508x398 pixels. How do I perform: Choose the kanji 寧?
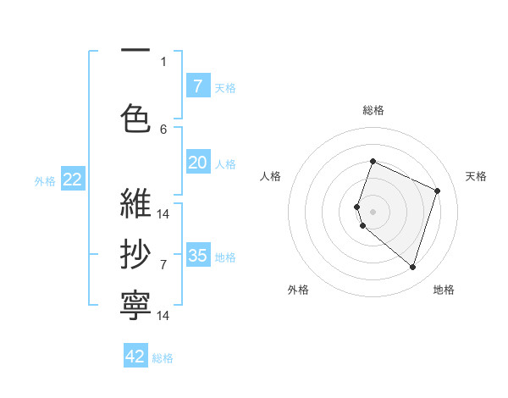[135, 302]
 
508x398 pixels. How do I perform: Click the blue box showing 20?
[197, 163]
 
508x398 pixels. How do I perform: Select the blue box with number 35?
[197, 256]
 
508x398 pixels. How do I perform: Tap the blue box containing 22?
[72, 180]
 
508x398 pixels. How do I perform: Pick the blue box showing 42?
[135, 357]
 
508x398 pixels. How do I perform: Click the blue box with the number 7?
[197, 86]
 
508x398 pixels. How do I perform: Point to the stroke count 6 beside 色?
[163, 129]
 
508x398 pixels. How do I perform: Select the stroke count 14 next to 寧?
[163, 316]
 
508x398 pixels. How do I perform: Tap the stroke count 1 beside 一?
[163, 61]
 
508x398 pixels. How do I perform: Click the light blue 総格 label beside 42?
[163, 358]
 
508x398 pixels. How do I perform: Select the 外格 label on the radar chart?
[298, 290]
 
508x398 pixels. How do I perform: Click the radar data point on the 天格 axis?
[437, 191]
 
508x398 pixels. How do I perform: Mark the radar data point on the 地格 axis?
[412, 268]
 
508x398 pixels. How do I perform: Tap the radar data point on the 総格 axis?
[373, 161]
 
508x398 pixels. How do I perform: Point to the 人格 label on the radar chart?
[270, 176]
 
